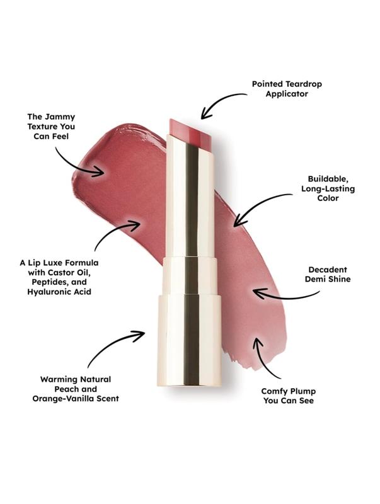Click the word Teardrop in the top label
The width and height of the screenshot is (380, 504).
click(304, 84)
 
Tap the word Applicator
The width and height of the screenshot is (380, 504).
click(287, 94)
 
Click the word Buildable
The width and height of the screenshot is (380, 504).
click(328, 179)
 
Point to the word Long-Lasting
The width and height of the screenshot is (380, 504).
click(328, 188)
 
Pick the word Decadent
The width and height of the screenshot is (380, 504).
click(328, 270)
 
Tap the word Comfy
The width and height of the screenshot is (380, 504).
click(273, 391)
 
